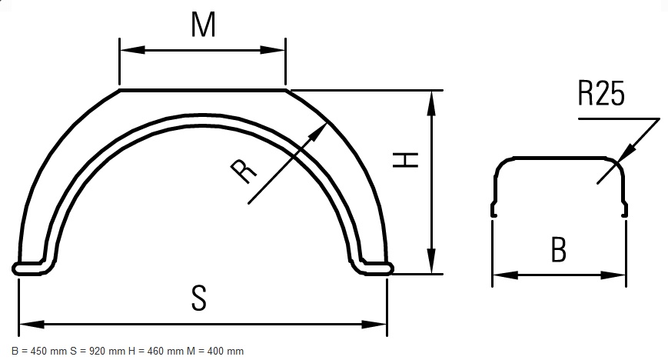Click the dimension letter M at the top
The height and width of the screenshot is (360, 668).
click(203, 25)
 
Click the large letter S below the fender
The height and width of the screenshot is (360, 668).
click(199, 298)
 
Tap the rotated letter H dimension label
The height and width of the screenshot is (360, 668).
click(405, 159)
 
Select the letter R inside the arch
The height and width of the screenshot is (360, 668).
click(244, 171)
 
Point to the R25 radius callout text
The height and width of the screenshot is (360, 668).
click(601, 93)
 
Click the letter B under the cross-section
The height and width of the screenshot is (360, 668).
click(559, 250)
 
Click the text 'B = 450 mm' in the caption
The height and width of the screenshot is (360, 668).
click(39, 352)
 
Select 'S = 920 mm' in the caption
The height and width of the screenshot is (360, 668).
click(98, 352)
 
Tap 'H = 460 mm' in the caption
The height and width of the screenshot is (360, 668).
click(156, 352)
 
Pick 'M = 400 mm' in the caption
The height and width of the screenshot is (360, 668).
click(215, 352)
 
